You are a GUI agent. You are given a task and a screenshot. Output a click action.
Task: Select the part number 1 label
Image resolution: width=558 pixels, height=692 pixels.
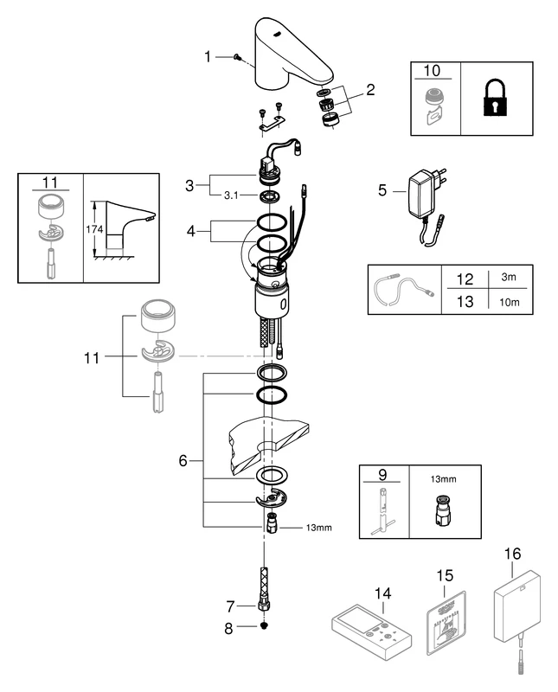coord(208,57)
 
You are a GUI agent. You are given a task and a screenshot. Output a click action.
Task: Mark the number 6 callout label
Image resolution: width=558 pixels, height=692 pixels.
coord(183,461)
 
